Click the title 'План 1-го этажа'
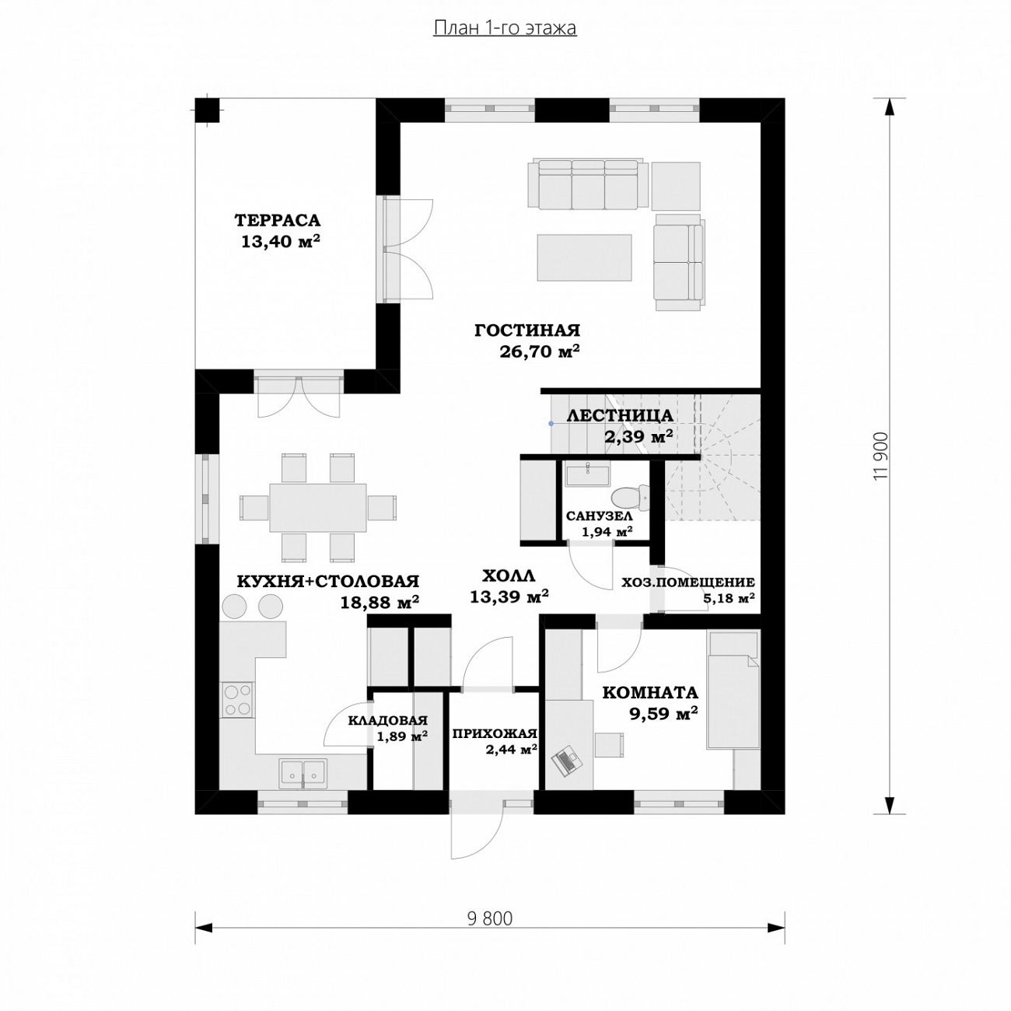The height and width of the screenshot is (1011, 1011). pyautogui.click(x=505, y=28)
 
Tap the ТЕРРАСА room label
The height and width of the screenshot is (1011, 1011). pyautogui.click(x=277, y=220)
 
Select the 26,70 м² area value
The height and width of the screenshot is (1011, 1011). pyautogui.click(x=540, y=351)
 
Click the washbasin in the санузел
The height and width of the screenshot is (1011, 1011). pyautogui.click(x=587, y=475)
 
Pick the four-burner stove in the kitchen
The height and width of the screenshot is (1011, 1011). pyautogui.click(x=237, y=701)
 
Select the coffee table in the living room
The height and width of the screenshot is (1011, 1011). pyautogui.click(x=584, y=257)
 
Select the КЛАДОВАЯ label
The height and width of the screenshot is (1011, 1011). pyautogui.click(x=388, y=720)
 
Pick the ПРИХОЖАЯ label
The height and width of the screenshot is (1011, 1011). pyautogui.click(x=495, y=733)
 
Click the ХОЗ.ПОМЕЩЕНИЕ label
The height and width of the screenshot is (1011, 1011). pyautogui.click(x=687, y=582)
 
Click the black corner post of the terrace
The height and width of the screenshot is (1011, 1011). pyautogui.click(x=207, y=110)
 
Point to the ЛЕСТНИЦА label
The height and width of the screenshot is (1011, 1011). pyautogui.click(x=620, y=415)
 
